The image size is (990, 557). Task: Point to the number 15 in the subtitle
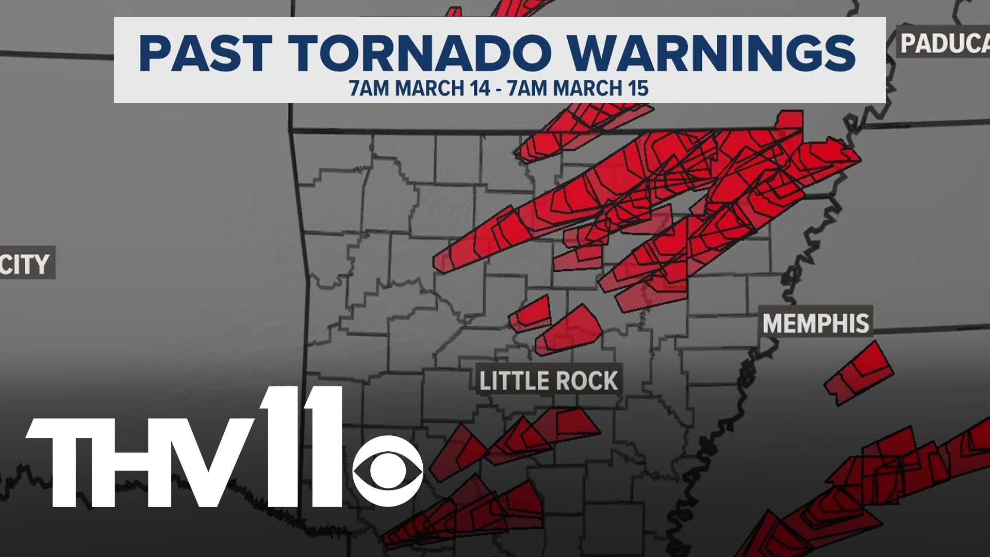tap(638, 89)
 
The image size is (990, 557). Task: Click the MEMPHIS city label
tap(816, 324)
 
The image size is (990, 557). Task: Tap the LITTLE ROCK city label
tap(549, 381)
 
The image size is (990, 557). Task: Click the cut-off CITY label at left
tap(26, 264)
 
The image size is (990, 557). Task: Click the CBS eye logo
tap(388, 471)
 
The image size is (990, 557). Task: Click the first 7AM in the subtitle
tap(369, 89)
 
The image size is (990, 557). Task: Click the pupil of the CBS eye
tap(388, 471)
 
